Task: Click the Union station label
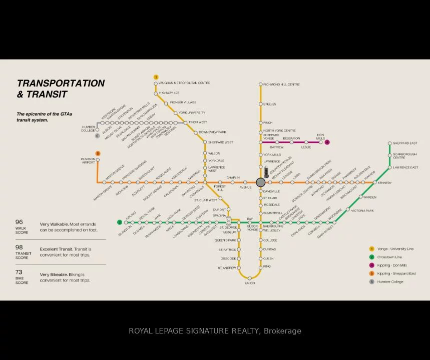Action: point(250,283)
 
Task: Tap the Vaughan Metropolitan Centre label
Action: point(184,83)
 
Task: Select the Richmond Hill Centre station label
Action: point(281,84)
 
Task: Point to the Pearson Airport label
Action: point(88,161)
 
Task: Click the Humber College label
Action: point(88,129)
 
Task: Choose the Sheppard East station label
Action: point(405,143)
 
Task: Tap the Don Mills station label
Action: point(320,137)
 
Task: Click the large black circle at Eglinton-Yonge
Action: point(261,182)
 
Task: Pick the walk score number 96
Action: point(19,222)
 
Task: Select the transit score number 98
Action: point(19,247)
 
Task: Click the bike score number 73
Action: point(19,272)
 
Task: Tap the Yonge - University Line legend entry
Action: point(395,249)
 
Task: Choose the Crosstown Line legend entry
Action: point(389,257)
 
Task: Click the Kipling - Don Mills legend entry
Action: point(392,265)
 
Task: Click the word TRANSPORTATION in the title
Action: point(61,83)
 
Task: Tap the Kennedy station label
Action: point(385,183)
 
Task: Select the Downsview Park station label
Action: point(212,132)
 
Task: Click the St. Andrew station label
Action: point(227,268)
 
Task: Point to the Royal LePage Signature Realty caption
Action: point(215,331)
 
